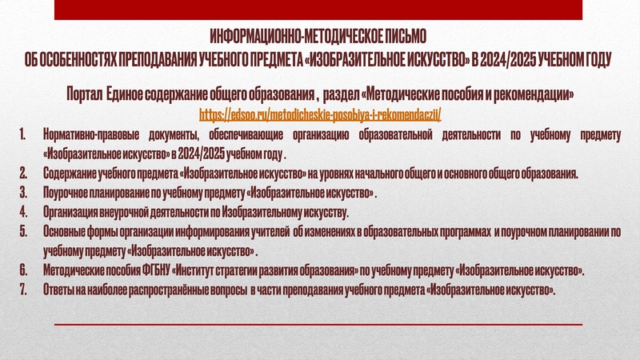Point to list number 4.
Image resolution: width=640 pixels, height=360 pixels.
(x=24, y=213)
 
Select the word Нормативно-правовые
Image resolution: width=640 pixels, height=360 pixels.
(x=83, y=134)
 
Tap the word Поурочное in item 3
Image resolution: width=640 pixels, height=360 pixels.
(x=67, y=194)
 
